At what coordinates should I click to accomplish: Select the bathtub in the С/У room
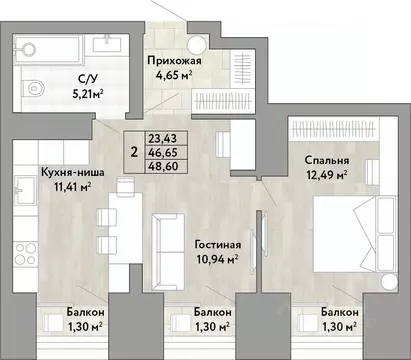[x=53, y=45]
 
